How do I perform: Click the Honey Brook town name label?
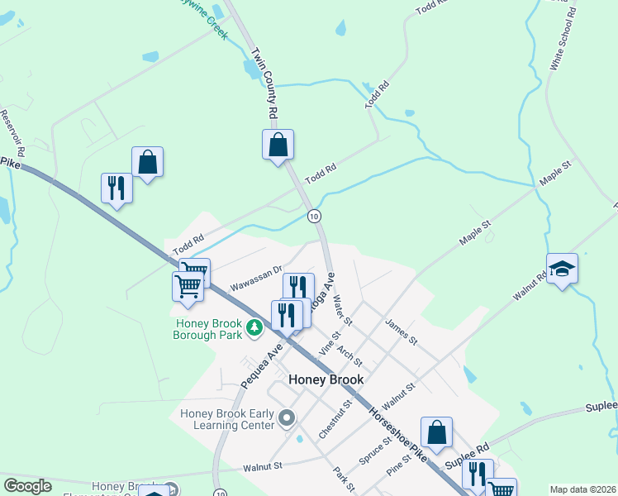(326, 379)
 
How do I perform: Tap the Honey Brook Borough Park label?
(207, 329)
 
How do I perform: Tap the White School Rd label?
(562, 37)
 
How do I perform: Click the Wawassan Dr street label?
(256, 277)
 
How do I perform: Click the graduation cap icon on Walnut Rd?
(562, 269)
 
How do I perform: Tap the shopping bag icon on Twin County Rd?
(278, 145)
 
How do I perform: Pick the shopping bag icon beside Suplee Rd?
(436, 432)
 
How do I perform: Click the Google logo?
(27, 486)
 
